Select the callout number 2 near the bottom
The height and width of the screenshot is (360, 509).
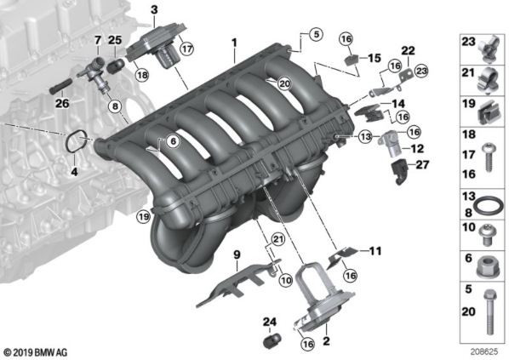[x=325, y=341]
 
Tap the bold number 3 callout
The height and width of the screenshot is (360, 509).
[x=154, y=10]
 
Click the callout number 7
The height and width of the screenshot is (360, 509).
[x=98, y=40]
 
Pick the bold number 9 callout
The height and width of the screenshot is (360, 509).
[x=237, y=253]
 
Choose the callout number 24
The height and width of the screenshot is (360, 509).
[x=270, y=322]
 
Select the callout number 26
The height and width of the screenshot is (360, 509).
[x=60, y=105]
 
